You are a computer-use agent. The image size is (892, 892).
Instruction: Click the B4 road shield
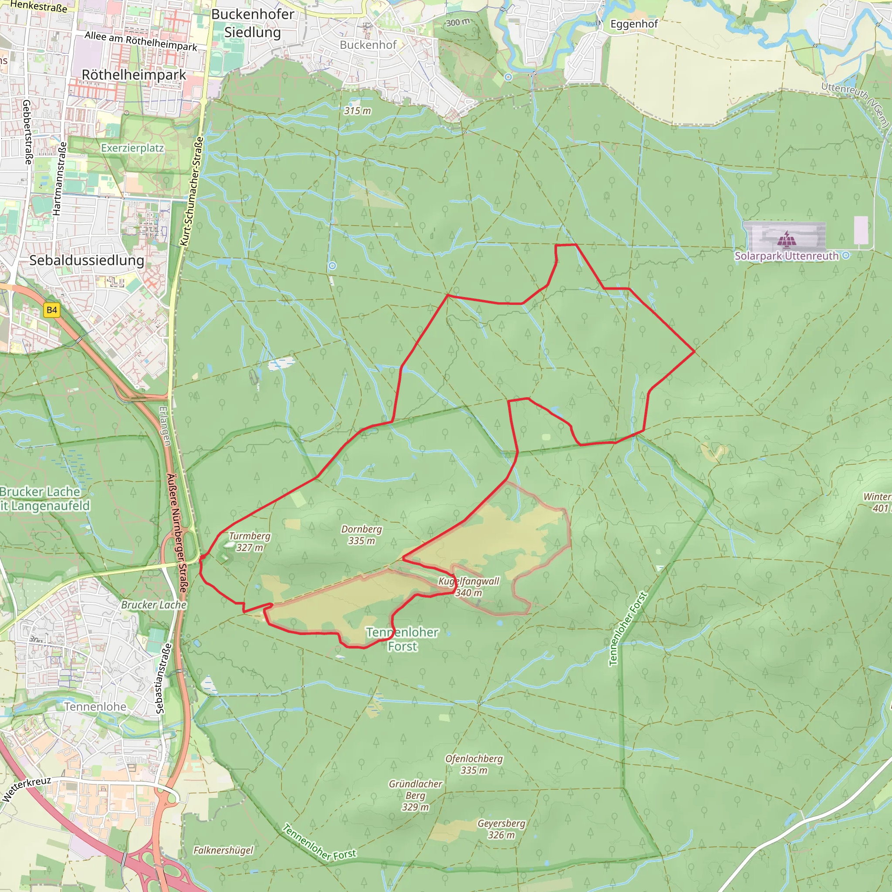pyautogui.click(x=52, y=310)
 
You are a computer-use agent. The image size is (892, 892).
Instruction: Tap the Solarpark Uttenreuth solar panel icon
pyautogui.click(x=786, y=240)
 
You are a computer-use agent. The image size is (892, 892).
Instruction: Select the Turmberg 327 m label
pyautogui.click(x=250, y=541)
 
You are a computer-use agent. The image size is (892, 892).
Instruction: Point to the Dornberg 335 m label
pyautogui.click(x=362, y=535)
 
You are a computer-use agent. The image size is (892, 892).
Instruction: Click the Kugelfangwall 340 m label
pyautogui.click(x=469, y=587)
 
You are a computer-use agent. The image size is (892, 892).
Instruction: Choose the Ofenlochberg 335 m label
pyautogui.click(x=474, y=764)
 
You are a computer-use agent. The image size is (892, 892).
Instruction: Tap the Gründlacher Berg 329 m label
pyautogui.click(x=416, y=795)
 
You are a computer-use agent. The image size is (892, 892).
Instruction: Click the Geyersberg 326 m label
pyautogui.click(x=501, y=829)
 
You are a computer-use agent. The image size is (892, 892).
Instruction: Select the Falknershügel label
pyautogui.click(x=223, y=850)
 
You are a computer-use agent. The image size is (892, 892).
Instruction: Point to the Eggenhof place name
pyautogui.click(x=634, y=24)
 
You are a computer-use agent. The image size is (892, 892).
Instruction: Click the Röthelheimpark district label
pyautogui.click(x=134, y=75)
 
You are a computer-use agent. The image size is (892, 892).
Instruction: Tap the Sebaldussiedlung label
pyautogui.click(x=87, y=260)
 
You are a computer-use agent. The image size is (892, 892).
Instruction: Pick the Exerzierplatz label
pyautogui.click(x=132, y=148)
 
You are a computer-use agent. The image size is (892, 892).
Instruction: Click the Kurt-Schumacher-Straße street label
pyautogui.click(x=192, y=191)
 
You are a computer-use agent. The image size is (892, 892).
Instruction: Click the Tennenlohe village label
pyautogui.click(x=95, y=707)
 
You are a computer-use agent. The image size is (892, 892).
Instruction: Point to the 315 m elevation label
pyautogui.click(x=357, y=111)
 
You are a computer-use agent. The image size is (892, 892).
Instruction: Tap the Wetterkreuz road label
pyautogui.click(x=26, y=789)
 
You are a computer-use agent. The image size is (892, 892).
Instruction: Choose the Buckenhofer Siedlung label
pyautogui.click(x=253, y=23)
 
